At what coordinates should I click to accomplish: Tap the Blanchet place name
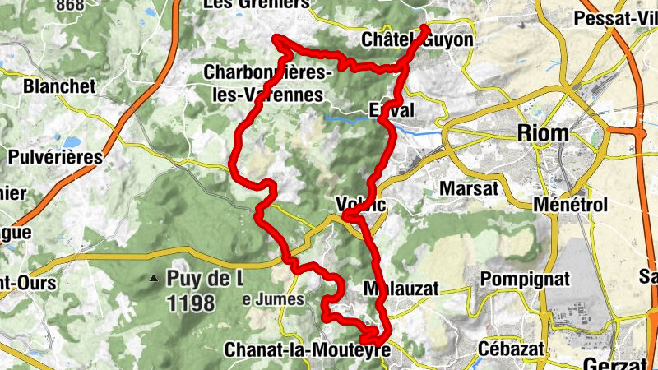(59, 86)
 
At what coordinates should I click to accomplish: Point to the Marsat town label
(470, 188)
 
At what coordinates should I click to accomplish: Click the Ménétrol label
(570, 204)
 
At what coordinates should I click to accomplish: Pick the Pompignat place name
(525, 279)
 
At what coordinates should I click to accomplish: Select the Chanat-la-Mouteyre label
(305, 350)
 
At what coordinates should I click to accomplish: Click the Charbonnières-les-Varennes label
(268, 83)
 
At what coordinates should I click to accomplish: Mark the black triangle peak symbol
(153, 279)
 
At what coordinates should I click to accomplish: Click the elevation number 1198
(190, 303)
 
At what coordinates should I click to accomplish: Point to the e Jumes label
(273, 300)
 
